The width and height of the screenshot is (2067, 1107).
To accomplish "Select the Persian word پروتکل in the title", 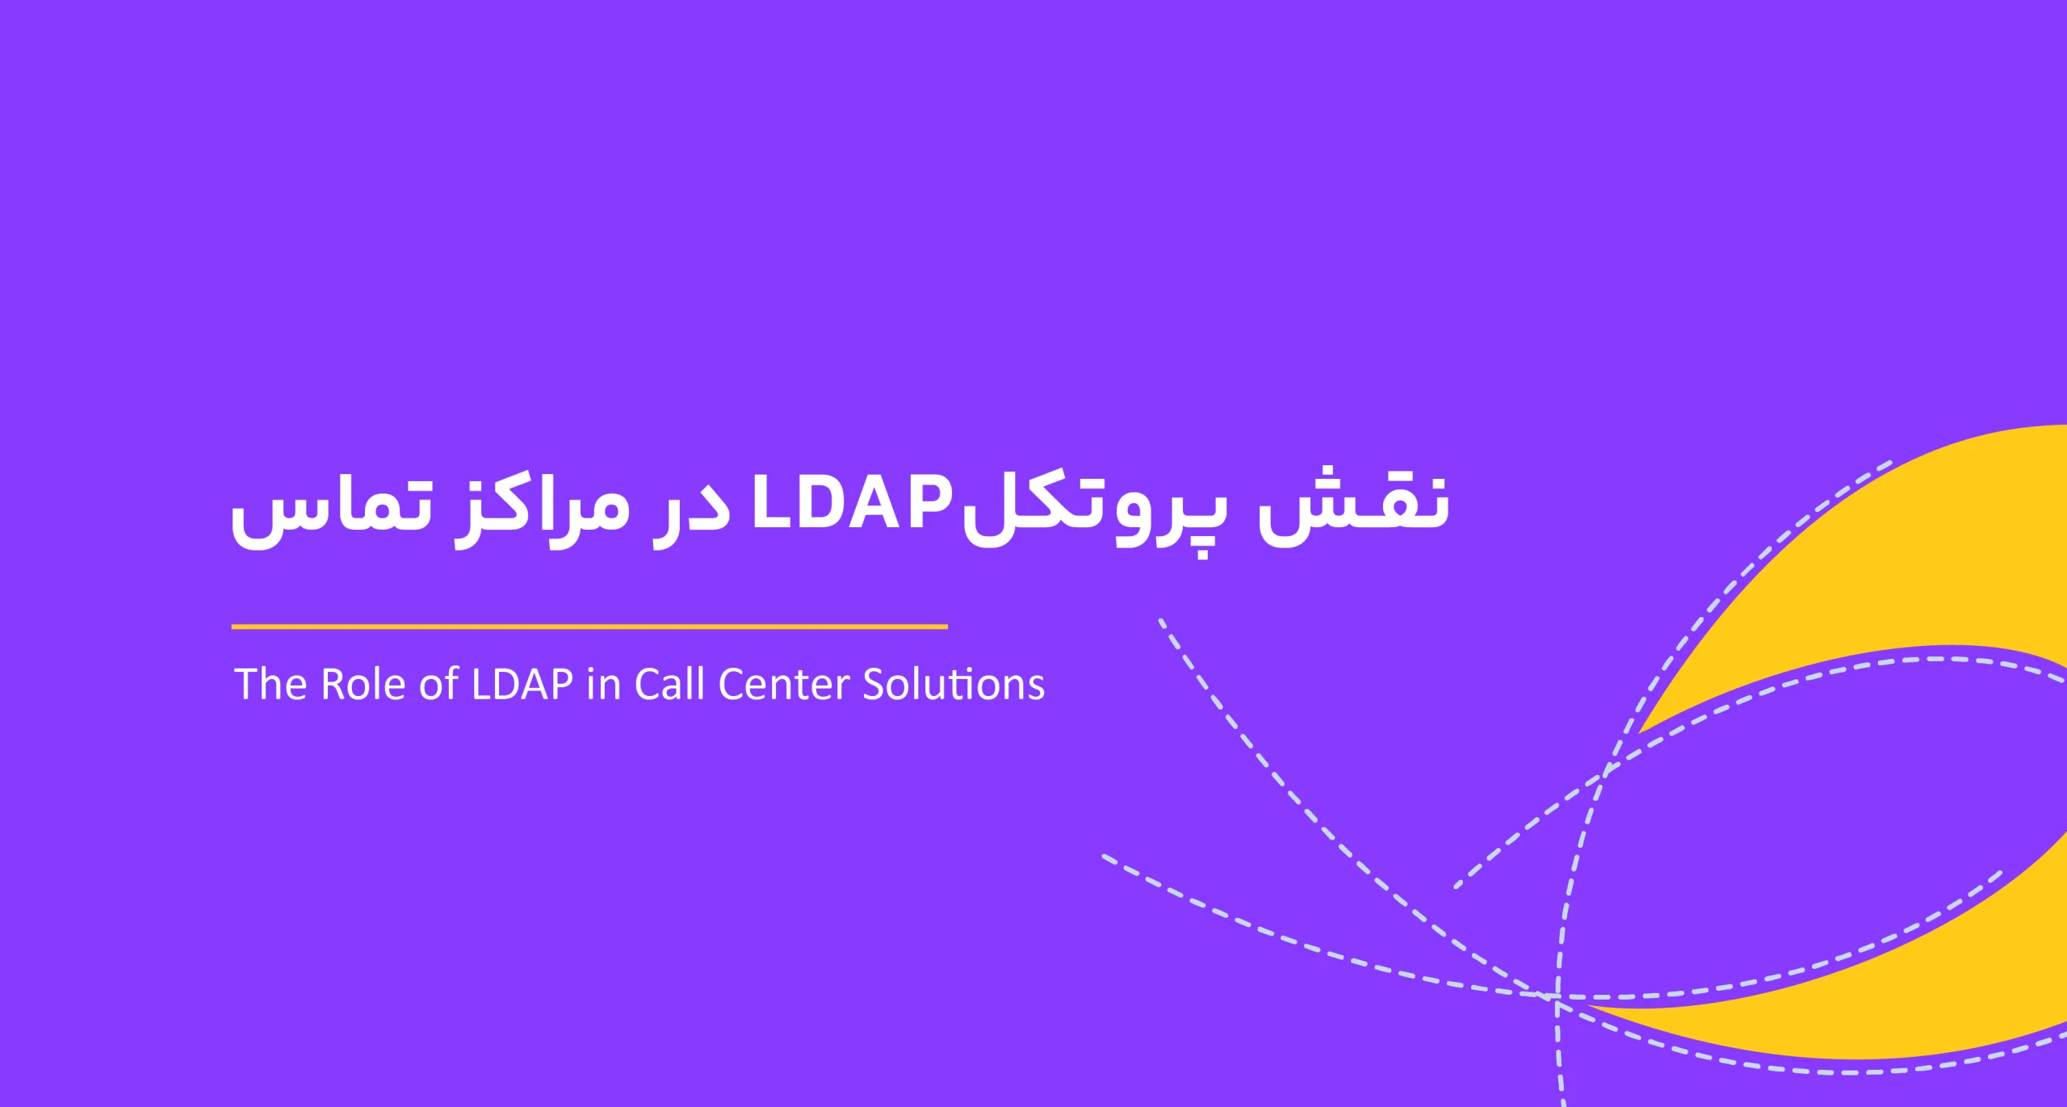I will pyautogui.click(x=1094, y=513).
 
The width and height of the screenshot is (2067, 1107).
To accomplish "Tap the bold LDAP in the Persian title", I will pyautogui.click(x=852, y=504).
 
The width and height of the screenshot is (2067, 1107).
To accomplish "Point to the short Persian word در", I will pyautogui.click(x=691, y=513).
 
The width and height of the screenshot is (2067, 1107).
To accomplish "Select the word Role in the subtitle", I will pyautogui.click(x=365, y=684).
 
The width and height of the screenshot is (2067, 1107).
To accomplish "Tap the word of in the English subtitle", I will pyautogui.click(x=439, y=684).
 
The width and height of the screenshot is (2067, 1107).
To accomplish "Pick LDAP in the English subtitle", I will pyautogui.click(x=522, y=684).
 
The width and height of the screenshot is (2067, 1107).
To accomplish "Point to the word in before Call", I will pyautogui.click(x=603, y=684).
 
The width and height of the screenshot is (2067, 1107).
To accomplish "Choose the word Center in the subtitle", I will pyautogui.click(x=783, y=684).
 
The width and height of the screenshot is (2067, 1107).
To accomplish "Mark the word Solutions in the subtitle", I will pyautogui.click(x=954, y=684).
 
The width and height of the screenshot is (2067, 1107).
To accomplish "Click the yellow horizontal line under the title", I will pyautogui.click(x=589, y=627).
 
